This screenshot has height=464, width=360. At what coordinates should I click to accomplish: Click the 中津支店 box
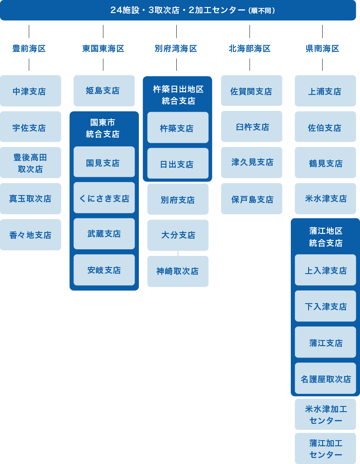coord(30,91)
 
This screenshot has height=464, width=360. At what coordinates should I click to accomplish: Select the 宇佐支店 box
coord(30,127)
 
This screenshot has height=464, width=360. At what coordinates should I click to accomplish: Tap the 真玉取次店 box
coord(30,199)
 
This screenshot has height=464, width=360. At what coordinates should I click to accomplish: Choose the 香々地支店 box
coord(30,235)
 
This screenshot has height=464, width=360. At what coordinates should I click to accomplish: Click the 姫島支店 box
coord(104,91)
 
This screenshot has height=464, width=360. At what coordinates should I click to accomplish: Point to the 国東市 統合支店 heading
coord(103,128)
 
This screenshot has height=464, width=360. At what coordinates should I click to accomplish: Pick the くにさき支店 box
coord(104,198)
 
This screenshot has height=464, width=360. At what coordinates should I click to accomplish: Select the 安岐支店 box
coord(104,270)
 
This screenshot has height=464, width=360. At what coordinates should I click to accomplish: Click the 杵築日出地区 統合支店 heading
coord(178,95)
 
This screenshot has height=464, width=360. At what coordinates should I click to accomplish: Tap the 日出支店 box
coord(178,164)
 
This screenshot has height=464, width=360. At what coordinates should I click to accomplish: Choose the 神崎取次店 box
coord(178,271)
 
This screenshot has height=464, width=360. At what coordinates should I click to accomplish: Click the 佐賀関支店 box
coord(252,91)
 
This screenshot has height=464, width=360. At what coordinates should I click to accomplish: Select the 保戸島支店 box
coord(252,199)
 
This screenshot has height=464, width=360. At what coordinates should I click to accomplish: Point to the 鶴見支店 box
coord(325,163)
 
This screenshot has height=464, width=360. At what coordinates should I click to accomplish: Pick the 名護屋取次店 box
coord(325,379)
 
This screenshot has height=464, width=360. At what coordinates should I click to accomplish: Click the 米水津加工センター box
coord(325,415)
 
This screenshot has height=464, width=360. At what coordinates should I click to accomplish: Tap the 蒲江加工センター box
coord(325,449)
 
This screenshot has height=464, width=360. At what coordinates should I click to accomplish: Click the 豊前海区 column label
coord(29,49)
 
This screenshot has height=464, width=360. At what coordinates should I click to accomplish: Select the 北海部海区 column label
coord(250,49)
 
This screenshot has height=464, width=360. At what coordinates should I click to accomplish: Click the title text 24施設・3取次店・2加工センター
coord(178,10)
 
